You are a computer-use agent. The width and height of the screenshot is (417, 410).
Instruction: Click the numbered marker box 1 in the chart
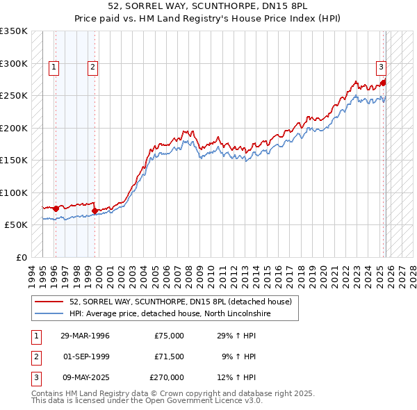point(54,67)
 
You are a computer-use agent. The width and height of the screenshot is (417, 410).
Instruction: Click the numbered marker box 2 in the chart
point(92,67)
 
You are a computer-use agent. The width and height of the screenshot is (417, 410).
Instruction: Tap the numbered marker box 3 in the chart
point(382,67)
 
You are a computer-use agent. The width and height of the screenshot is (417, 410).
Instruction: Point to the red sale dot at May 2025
point(383,83)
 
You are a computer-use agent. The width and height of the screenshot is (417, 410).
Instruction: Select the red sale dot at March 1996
point(56,208)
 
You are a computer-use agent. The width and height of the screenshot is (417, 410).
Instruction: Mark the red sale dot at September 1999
point(95,211)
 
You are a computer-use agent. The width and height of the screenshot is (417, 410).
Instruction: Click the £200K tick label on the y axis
point(14,128)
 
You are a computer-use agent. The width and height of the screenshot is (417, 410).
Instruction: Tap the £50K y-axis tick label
point(17,225)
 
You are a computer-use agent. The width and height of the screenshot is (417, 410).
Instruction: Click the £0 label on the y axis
point(22,258)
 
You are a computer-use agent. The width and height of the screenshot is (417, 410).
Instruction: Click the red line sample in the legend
point(49,302)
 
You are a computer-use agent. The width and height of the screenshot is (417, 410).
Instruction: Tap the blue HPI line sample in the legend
point(49,313)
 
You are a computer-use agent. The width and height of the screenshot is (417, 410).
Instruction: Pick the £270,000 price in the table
point(167,377)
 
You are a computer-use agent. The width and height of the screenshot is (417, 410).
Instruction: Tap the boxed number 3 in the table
point(35,377)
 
